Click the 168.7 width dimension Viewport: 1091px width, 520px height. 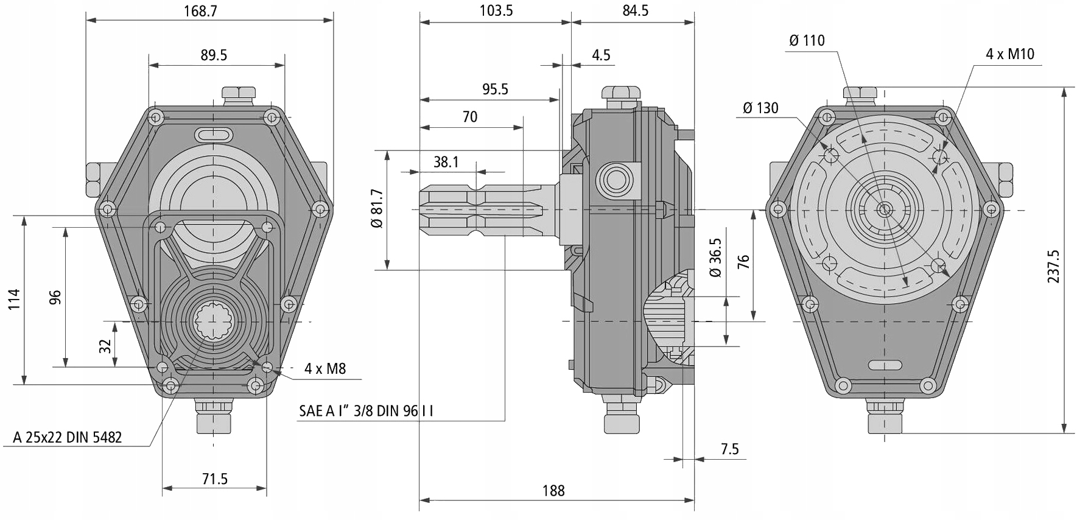[x=200, y=11]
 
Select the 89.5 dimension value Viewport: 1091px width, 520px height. [x=214, y=55]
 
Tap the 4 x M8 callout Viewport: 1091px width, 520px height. [x=325, y=368]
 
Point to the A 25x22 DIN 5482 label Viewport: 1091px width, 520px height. [x=68, y=437]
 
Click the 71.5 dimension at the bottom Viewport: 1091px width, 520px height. [x=214, y=479]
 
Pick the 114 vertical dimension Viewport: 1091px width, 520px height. [x=14, y=300]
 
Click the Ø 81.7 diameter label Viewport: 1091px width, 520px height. [x=377, y=208]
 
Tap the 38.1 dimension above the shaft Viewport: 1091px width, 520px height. [x=446, y=162]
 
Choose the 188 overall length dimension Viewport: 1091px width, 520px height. [x=553, y=491]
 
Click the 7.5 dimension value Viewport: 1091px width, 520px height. [x=729, y=449]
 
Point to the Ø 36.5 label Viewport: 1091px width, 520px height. [x=715, y=258]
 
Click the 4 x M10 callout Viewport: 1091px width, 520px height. [x=1010, y=54]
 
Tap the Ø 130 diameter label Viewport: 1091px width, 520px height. [x=760, y=108]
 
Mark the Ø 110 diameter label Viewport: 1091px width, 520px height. [x=806, y=41]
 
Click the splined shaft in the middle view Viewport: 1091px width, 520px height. [x=481, y=210]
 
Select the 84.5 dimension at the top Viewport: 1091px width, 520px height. [x=635, y=11]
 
